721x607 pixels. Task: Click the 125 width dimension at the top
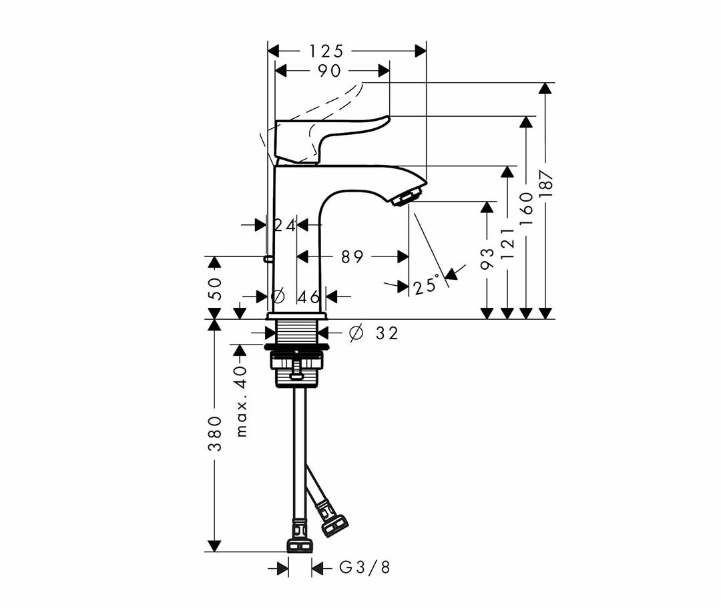(326, 51)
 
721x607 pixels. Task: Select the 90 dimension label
(329, 71)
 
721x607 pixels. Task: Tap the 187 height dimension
(546, 184)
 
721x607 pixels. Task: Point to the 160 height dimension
(527, 209)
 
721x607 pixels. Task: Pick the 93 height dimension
(487, 258)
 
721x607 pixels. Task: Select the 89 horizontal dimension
(352, 256)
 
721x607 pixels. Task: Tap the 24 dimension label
(284, 225)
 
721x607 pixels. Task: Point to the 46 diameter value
(308, 297)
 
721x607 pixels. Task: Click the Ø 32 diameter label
(373, 333)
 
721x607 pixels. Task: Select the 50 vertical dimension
(215, 288)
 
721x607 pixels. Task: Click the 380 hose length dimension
(215, 433)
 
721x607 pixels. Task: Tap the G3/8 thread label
(365, 568)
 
